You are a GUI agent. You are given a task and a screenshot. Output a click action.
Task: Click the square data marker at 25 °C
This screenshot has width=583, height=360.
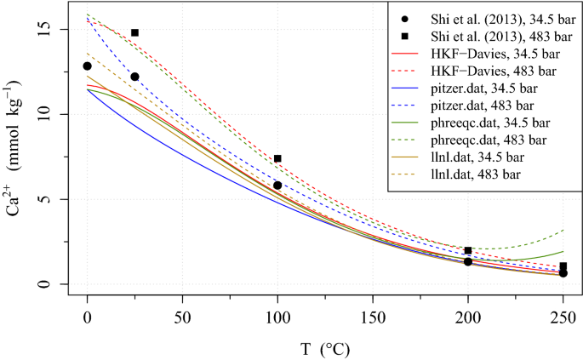[x=134, y=32]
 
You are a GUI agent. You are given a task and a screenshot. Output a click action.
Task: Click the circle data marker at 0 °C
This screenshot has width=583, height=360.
[x=87, y=66]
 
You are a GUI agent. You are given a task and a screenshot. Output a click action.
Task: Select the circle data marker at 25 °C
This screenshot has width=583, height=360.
[x=134, y=77]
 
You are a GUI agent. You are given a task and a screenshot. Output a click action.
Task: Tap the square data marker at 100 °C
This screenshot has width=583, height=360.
[x=277, y=158]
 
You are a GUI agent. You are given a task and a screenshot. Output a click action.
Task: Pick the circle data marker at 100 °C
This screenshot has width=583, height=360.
[x=277, y=185]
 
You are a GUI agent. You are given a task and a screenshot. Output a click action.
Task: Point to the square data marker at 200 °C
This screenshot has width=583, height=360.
[x=468, y=250]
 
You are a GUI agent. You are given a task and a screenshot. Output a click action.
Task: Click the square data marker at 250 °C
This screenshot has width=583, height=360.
[x=563, y=266]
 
